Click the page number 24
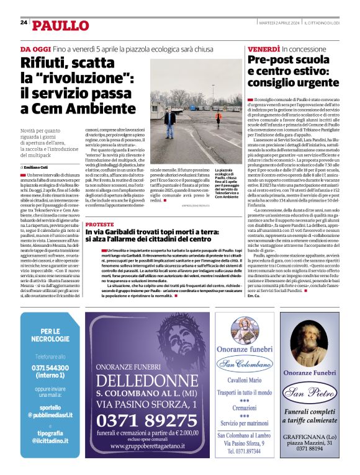coord(23,23)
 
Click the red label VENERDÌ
coord(263,48)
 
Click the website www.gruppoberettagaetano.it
coord(146,446)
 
